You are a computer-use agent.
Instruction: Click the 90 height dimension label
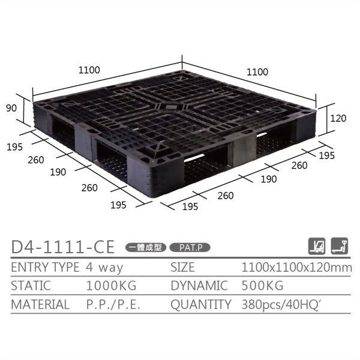point(11,108)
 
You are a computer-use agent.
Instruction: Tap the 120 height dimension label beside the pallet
point(338,119)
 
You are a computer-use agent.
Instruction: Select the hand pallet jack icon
point(340,245)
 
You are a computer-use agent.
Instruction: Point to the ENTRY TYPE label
point(45,267)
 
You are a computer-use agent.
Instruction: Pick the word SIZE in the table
point(184,267)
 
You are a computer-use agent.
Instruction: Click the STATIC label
point(31,286)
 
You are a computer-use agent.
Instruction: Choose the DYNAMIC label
point(199,286)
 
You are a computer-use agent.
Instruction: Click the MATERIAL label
point(40,304)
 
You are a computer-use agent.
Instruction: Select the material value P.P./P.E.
point(113,304)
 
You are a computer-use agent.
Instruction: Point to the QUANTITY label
point(200,304)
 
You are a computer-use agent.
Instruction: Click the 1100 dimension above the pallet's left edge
point(89,70)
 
